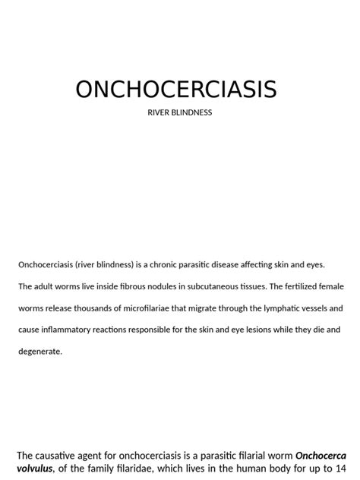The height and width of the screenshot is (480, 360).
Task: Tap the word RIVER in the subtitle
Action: coord(158,113)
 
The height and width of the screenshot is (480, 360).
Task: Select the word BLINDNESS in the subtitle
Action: coord(191,113)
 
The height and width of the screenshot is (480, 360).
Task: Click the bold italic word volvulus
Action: coord(35,469)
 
